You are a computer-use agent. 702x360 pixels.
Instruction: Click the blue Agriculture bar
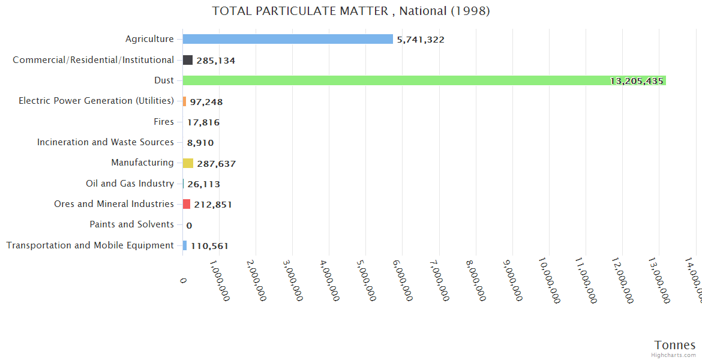pyautogui.click(x=287, y=39)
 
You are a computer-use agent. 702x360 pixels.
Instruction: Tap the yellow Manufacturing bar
pyautogui.click(x=188, y=163)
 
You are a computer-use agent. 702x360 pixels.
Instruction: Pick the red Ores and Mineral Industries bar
pyautogui.click(x=187, y=204)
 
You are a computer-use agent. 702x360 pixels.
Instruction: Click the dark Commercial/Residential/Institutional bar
pyautogui.click(x=188, y=60)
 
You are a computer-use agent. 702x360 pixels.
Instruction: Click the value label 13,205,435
pyautogui.click(x=636, y=81)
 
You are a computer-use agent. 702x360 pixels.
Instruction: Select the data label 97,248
pyautogui.click(x=206, y=102)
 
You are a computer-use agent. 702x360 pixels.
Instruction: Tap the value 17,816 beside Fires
pyautogui.click(x=203, y=122)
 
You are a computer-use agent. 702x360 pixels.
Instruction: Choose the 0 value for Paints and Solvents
pyautogui.click(x=189, y=226)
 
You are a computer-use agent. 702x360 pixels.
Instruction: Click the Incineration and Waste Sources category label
pyautogui.click(x=106, y=142)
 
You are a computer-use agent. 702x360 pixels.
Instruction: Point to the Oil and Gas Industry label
pyautogui.click(x=130, y=184)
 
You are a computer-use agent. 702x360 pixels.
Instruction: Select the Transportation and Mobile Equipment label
pyautogui.click(x=90, y=245)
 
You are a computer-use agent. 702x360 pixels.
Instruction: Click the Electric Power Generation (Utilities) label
pyautogui.click(x=96, y=101)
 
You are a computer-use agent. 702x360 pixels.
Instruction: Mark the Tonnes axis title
pyautogui.click(x=674, y=345)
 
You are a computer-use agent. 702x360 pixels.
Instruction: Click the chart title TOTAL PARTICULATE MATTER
pyautogui.click(x=351, y=11)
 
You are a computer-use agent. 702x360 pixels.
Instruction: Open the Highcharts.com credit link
pyautogui.click(x=674, y=355)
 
